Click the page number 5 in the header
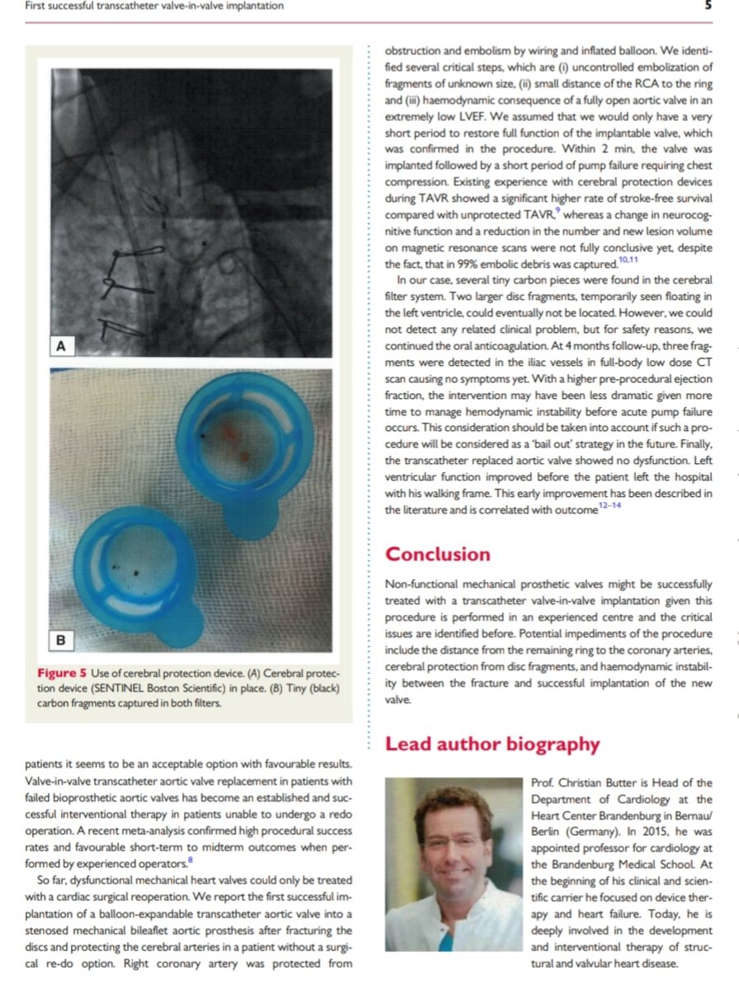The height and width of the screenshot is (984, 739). pos(707,6)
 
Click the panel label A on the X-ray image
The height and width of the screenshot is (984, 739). pos(61,346)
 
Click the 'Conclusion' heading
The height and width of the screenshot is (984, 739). pos(437,554)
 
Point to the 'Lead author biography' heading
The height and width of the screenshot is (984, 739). pos(492,744)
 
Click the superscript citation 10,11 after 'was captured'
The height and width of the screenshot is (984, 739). pos(629,260)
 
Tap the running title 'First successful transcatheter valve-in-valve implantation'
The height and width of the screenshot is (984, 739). pos(154,6)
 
